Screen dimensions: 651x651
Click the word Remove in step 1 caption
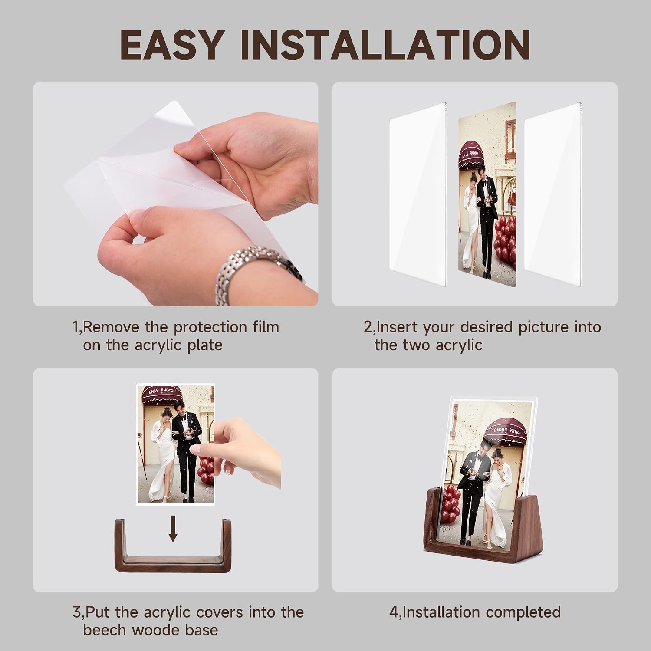point(111,327)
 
